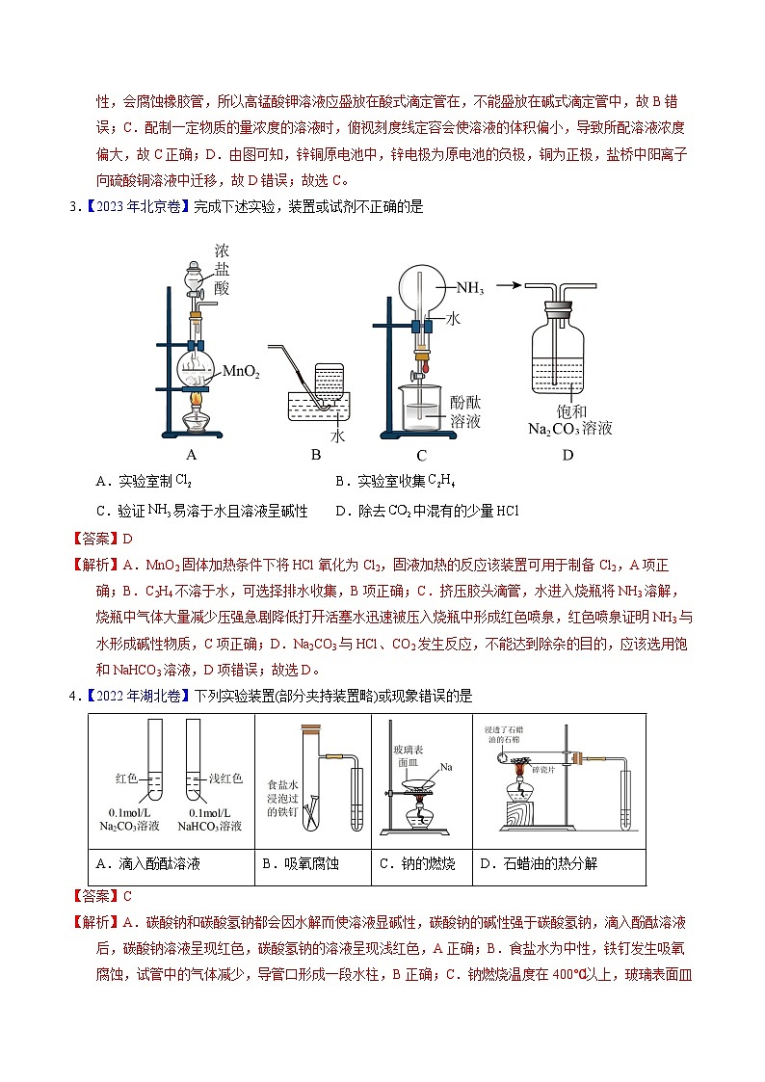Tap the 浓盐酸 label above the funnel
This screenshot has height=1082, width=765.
(x=223, y=269)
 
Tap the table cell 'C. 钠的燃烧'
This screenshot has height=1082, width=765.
(x=416, y=864)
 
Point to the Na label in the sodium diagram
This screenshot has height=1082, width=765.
(x=446, y=768)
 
